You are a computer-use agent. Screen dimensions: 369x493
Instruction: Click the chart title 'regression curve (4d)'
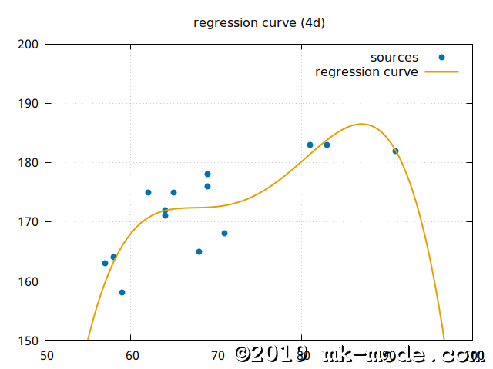pyautogui.click(x=259, y=23)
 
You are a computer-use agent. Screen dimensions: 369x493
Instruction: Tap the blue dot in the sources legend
pyautogui.click(x=441, y=58)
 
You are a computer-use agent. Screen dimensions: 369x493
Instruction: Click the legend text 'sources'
pyautogui.click(x=394, y=58)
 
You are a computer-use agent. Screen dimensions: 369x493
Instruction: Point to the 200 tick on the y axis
pyautogui.click(x=29, y=45)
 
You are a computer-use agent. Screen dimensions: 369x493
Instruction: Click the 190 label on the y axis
pyautogui.click(x=29, y=104)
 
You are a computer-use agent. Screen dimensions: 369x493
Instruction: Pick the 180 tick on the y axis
pyautogui.click(x=29, y=163)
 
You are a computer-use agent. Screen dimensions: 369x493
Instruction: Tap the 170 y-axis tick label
pyautogui.click(x=29, y=222)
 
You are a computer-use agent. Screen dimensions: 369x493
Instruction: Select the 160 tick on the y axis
pyautogui.click(x=29, y=281)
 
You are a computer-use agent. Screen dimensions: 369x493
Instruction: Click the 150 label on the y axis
pyautogui.click(x=29, y=341)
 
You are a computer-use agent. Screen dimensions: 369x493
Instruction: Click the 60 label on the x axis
pyautogui.click(x=131, y=356)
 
